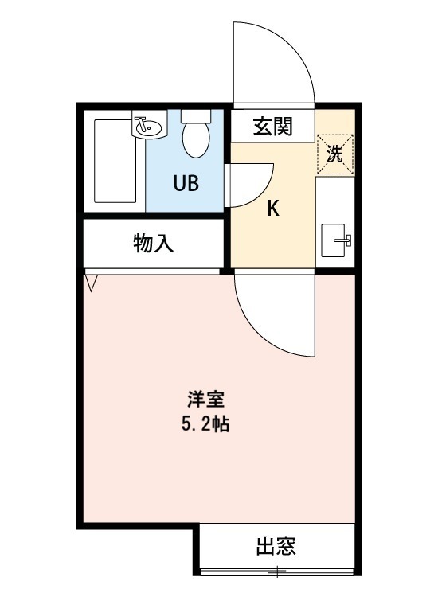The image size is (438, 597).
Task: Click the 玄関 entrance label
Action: [272, 126]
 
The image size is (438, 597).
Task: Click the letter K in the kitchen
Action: [272, 209]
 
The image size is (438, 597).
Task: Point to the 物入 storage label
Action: [152, 244]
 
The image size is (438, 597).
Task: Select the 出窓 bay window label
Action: [276, 548]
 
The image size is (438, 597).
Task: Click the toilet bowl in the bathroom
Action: [194, 140]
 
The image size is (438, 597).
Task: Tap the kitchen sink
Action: [334, 240]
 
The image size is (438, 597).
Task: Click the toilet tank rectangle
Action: [194, 115]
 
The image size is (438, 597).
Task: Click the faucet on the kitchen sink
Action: [346, 240]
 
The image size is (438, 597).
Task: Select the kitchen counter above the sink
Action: [334, 199]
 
